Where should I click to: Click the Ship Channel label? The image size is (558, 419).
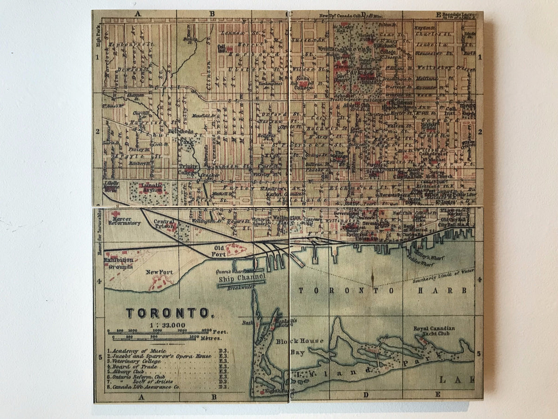pos(242,278)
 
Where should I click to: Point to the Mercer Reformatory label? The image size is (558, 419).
pos(124,220)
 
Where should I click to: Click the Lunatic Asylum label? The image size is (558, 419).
pos(152,188)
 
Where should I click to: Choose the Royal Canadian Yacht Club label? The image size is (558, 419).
pos(434,331)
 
